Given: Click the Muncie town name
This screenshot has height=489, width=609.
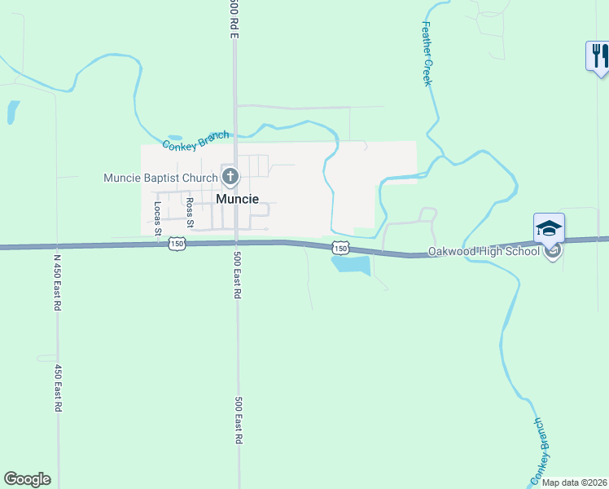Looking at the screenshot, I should (238, 199).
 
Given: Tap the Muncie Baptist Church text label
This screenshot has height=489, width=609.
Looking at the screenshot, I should (160, 178).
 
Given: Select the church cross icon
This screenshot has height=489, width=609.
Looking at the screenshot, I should (230, 176).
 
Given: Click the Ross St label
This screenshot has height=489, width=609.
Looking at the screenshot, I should (190, 212).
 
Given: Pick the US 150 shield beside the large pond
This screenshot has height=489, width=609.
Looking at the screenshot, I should (340, 249).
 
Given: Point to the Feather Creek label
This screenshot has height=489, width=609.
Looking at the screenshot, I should (426, 54).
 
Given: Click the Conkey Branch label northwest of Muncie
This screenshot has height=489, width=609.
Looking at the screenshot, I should (195, 140).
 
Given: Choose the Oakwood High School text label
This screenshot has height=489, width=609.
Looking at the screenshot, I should (484, 251).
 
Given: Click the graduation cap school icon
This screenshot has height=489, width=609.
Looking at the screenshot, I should (549, 227).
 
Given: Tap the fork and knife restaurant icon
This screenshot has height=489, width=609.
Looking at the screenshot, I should (598, 56).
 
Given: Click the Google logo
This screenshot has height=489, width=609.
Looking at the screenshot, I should (27, 479).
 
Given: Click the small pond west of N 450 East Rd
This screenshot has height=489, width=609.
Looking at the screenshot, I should (12, 112).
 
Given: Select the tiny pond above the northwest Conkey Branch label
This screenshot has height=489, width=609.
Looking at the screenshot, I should (175, 138).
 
